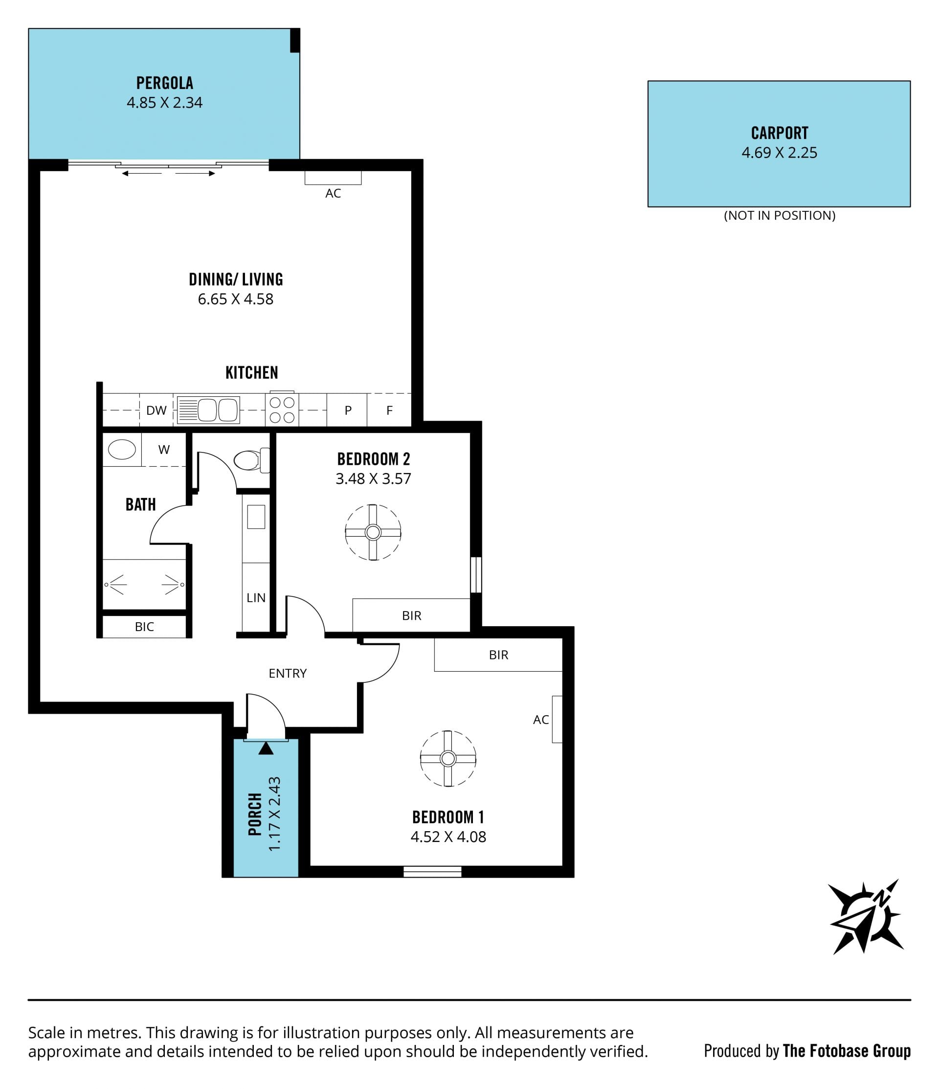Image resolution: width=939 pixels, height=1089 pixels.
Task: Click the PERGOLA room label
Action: pos(164,83)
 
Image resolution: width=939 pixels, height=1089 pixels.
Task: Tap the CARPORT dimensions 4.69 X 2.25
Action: pos(779,153)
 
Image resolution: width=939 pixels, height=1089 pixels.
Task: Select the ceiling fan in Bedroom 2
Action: pos(373,532)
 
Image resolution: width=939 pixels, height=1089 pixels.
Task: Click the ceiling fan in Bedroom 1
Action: pos(447,758)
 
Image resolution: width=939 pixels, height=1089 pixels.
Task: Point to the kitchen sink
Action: pos(209,410)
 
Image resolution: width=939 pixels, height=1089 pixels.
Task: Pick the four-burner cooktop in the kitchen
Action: pos(282,409)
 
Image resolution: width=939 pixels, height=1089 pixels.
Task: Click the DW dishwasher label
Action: pos(156,410)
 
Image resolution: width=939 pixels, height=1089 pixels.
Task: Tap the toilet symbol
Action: pos(252,460)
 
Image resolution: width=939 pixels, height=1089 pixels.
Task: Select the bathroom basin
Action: pos(122,450)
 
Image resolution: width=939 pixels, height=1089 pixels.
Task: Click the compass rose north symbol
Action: pos(866,917)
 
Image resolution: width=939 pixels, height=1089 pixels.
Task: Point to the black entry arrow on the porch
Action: pos(266,748)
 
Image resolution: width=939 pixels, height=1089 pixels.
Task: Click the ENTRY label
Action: pos(288,673)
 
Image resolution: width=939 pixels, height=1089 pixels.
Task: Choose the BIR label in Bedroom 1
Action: pos(498,655)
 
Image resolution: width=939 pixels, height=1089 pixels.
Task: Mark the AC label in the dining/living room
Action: pos(333,193)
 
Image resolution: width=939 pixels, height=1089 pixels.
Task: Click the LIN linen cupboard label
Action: pos(256,598)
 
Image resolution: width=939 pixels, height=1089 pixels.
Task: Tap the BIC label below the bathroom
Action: pos(144,627)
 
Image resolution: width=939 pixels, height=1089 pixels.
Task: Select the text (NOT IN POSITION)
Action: pos(779,215)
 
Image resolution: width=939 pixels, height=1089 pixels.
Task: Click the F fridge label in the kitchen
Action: pos(389,410)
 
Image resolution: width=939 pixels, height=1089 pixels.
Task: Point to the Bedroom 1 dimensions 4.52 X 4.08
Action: pos(448,836)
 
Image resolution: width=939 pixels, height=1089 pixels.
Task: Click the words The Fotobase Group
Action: pos(847,1051)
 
